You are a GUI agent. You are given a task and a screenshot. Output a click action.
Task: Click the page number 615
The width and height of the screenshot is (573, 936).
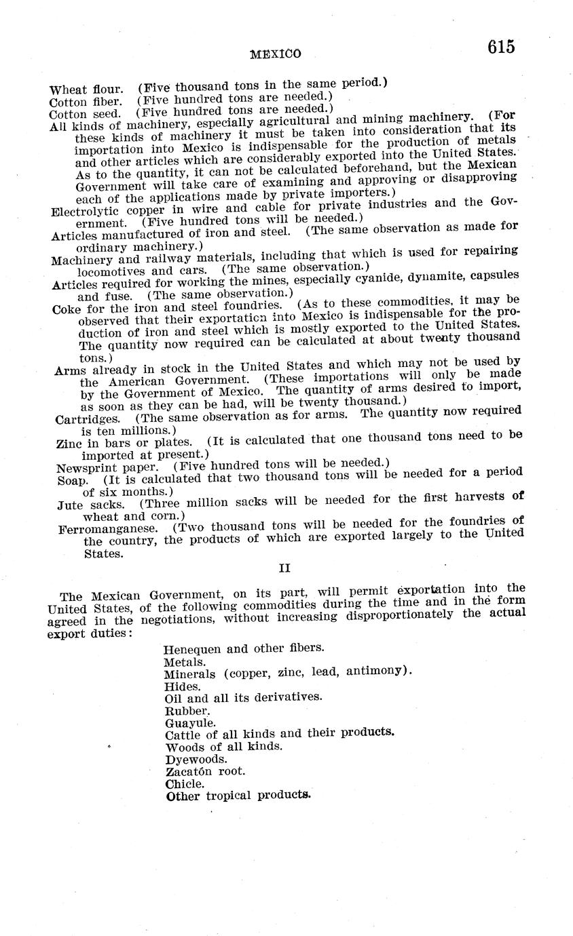[500, 47]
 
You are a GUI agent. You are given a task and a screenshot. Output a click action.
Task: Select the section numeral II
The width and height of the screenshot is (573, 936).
[285, 568]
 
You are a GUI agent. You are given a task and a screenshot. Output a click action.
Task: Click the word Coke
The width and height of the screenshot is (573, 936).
[67, 309]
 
